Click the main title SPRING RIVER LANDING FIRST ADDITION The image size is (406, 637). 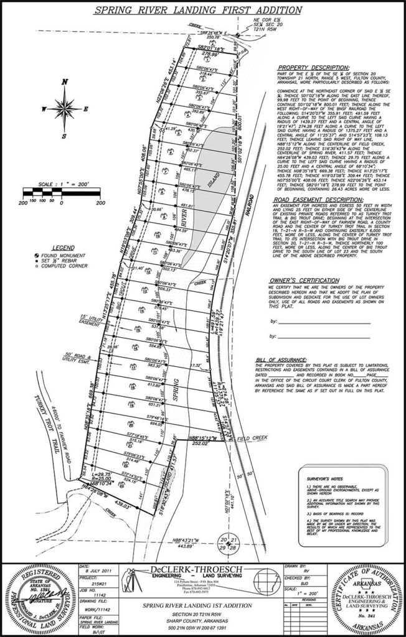[x=202, y=11]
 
